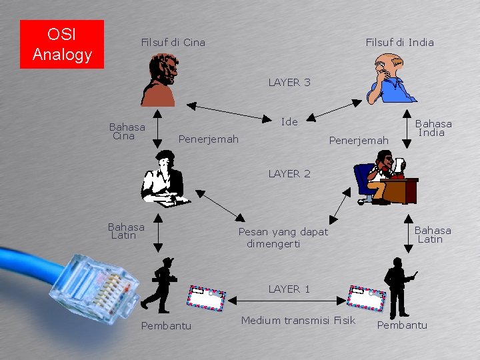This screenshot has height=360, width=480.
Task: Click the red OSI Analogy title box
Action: pyautogui.click(x=62, y=44)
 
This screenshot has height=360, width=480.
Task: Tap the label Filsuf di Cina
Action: pyautogui.click(x=173, y=43)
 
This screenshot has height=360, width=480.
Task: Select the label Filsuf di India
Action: pyautogui.click(x=399, y=43)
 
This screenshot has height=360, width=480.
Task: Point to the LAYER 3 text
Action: pyautogui.click(x=289, y=83)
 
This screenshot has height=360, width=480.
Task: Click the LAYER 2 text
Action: pyautogui.click(x=289, y=174)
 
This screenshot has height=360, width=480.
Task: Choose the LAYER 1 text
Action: pyautogui.click(x=289, y=289)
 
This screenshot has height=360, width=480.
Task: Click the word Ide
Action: pyautogui.click(x=289, y=122)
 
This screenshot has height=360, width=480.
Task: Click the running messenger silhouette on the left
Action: pyautogui.click(x=160, y=285)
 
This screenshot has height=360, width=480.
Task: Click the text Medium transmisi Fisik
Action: pyautogui.click(x=298, y=321)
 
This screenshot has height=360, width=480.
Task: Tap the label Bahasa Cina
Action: pyautogui.click(x=127, y=131)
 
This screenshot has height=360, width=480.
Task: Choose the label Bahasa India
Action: pyautogui.click(x=433, y=127)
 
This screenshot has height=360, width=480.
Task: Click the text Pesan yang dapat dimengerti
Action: pyautogui.click(x=283, y=238)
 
